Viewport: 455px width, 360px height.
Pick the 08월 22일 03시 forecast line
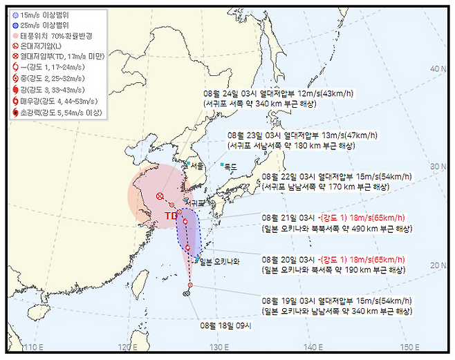point(336,176)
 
